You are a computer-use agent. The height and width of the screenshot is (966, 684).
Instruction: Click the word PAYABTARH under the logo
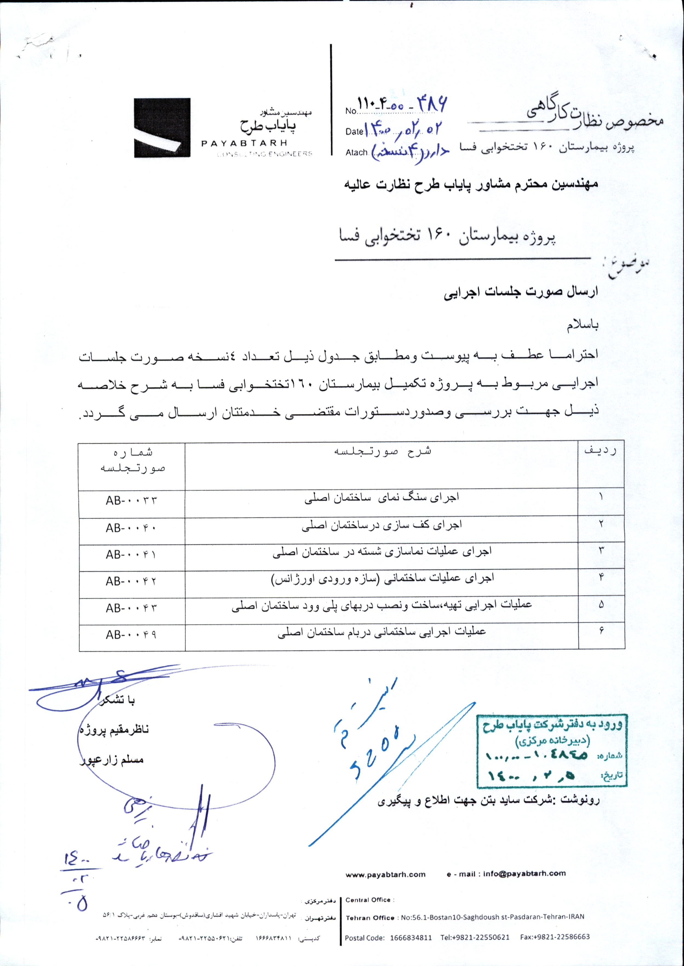[x=245, y=144]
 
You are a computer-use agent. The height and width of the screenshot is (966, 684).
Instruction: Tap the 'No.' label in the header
[x=351, y=112]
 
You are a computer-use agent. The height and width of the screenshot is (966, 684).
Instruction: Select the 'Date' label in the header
[x=354, y=132]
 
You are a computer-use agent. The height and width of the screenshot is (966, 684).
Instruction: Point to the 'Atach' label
[x=357, y=152]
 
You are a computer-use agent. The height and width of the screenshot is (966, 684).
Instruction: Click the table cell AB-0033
[x=131, y=501]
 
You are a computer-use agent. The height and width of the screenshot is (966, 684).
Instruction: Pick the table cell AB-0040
[x=131, y=529]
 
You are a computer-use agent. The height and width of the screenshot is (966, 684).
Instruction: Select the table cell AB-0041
[x=131, y=555]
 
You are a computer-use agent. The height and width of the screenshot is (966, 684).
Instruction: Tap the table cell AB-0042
[x=131, y=582]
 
